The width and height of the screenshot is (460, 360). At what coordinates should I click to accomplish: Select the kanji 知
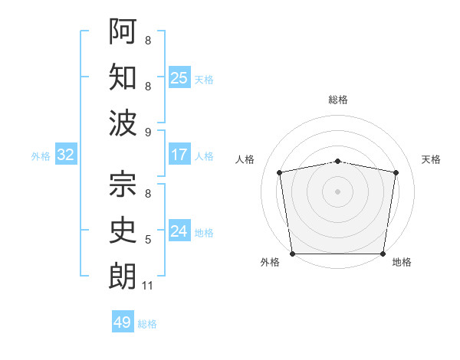point(123,77)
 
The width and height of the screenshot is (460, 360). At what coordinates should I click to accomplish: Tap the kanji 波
point(123,123)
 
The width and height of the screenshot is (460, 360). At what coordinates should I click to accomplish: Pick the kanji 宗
point(123,184)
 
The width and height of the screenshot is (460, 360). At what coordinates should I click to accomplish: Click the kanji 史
point(123,230)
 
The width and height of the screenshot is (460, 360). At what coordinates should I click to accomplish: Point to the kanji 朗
point(123,276)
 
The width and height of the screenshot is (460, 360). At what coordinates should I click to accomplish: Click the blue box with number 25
point(179,77)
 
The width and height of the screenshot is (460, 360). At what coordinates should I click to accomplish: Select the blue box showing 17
point(179,155)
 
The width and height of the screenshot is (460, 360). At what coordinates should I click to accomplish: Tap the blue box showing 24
point(179,231)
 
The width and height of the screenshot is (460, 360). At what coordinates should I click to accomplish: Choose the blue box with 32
point(66,155)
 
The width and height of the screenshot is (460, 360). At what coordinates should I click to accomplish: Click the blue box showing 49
point(123,322)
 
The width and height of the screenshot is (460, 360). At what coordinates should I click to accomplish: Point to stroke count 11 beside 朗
point(147,286)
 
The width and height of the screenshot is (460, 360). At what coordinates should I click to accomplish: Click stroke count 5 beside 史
point(147,240)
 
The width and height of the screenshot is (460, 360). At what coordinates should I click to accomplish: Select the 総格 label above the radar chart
point(338,100)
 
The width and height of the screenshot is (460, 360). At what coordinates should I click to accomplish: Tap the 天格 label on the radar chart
point(431,159)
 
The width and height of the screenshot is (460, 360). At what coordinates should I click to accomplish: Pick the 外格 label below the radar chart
point(270,262)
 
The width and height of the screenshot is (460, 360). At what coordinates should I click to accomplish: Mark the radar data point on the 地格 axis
point(383,254)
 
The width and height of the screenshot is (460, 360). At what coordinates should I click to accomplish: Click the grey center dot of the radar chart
point(338,191)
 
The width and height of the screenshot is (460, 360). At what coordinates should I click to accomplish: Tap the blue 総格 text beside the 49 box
point(147,324)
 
